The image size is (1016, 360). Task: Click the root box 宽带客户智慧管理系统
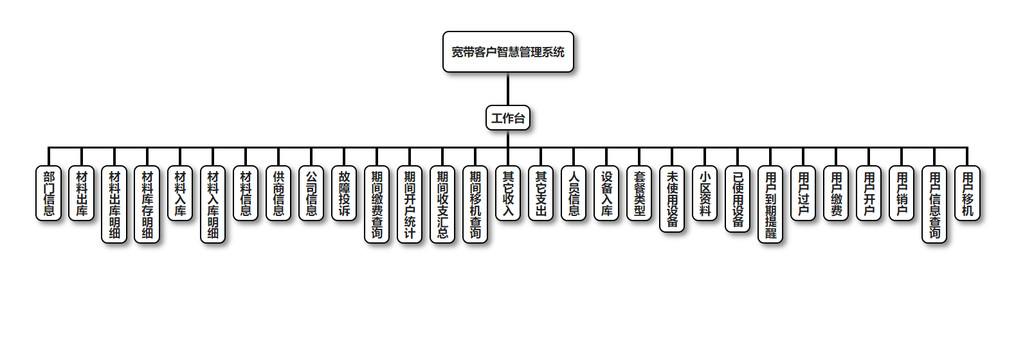(x=508, y=52)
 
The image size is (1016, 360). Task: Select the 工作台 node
(x=508, y=118)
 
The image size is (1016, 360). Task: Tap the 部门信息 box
(x=49, y=194)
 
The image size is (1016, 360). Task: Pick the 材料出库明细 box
(x=114, y=204)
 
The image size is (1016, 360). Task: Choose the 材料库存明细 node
(x=147, y=204)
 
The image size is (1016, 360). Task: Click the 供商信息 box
(x=278, y=194)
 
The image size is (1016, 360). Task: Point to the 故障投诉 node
(x=344, y=194)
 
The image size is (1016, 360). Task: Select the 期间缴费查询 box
(x=377, y=204)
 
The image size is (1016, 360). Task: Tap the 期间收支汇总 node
(x=442, y=204)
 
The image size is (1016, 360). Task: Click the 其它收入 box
(x=508, y=194)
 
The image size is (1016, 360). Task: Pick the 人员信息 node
(x=574, y=194)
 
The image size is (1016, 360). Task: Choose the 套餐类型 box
(x=639, y=194)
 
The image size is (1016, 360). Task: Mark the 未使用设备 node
(x=672, y=199)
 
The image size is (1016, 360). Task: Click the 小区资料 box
(x=705, y=194)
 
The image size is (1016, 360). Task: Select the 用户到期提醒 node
(x=770, y=204)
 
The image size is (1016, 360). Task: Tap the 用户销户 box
(x=902, y=194)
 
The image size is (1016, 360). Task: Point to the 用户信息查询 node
(x=934, y=204)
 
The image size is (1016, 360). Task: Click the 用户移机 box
(x=967, y=194)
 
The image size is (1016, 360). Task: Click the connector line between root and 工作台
(x=508, y=89)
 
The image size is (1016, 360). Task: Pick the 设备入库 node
(x=606, y=194)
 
